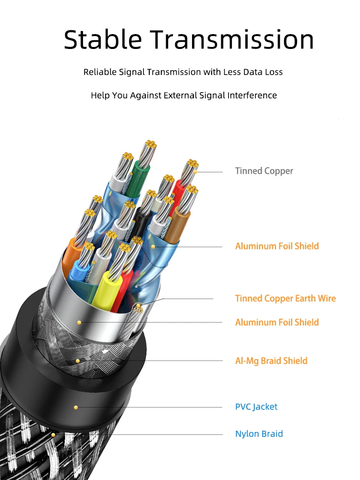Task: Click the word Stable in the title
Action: [x=104, y=39]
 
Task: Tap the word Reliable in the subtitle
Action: [x=100, y=72]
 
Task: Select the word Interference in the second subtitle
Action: [x=252, y=95]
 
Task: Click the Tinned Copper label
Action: [x=264, y=171]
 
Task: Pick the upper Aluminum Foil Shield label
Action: [x=277, y=246]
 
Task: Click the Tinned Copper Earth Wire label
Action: [x=286, y=299]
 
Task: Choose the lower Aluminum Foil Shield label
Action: [x=277, y=322]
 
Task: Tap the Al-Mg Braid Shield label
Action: [x=271, y=361]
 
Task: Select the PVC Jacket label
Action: [x=256, y=407]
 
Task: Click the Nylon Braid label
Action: [x=259, y=434]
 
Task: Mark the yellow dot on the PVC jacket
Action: [x=75, y=407]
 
